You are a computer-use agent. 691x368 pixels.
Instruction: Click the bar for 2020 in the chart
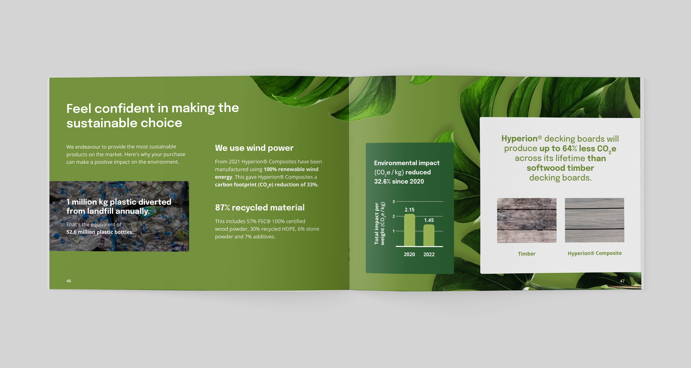409,230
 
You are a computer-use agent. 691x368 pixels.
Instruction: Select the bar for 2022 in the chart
429,235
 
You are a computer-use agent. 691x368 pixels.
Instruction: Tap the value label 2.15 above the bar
409,210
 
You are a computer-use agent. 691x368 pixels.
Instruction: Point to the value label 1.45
429,220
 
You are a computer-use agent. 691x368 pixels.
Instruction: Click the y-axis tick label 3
394,201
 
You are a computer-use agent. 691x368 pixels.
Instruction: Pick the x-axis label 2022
429,254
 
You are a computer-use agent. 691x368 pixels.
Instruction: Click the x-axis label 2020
409,254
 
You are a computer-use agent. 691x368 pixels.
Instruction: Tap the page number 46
69,281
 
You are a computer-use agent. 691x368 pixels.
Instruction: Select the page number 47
622,281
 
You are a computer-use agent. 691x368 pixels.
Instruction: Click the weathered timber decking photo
527,220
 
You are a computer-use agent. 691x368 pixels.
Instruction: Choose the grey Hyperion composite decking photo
594,220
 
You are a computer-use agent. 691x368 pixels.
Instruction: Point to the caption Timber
527,254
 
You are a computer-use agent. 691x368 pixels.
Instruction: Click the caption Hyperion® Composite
594,253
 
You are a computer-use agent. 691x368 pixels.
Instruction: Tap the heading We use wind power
254,148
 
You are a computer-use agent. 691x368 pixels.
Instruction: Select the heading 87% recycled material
260,207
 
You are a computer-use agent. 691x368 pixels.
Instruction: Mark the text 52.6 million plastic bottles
100,232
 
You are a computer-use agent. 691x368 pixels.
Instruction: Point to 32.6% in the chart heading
382,181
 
